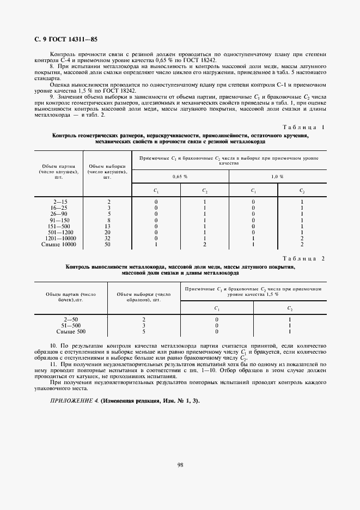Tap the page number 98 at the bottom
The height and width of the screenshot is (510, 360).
[x=179, y=464]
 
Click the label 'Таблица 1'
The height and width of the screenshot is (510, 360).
[x=303, y=127]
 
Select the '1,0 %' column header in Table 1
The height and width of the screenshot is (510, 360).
[x=277, y=177]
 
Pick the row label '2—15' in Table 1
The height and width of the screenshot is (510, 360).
[x=58, y=202]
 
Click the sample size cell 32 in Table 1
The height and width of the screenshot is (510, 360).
[x=108, y=238]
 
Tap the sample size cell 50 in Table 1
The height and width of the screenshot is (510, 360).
[x=108, y=245]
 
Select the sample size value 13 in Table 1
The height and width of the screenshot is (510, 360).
[x=108, y=226]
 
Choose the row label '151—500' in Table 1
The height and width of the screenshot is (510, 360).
[x=58, y=226]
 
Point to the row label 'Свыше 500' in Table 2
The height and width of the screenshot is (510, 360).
[x=71, y=331]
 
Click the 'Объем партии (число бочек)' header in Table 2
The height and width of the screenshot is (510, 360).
[x=71, y=296]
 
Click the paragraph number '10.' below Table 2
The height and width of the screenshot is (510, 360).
[x=53, y=346]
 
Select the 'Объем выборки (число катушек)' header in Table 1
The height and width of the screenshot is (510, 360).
[x=108, y=172]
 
